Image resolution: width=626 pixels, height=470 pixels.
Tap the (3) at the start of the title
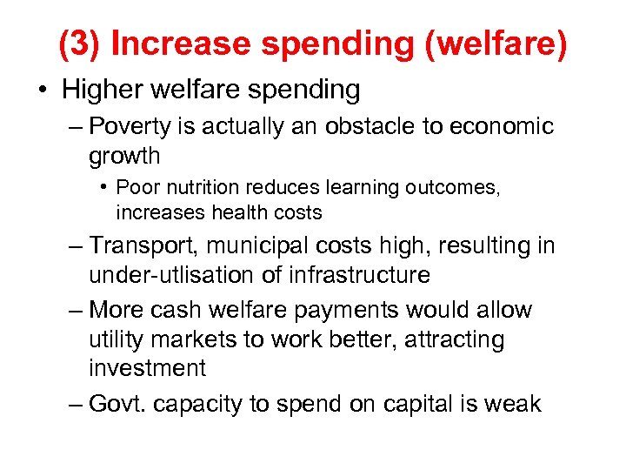80,45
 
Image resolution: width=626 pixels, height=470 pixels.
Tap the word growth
124,156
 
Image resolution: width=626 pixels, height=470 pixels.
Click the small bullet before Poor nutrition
103,187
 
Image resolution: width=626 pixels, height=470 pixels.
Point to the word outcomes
454,187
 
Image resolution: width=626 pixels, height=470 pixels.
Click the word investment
147,367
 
